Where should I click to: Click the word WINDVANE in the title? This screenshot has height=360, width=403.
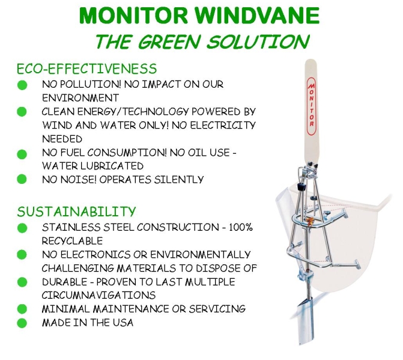coord(257,16)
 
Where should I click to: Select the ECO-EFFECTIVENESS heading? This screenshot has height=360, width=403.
coord(86,69)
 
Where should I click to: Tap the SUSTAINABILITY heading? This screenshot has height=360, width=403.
coord(76,212)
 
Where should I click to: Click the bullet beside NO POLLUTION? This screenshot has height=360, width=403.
coord(22,85)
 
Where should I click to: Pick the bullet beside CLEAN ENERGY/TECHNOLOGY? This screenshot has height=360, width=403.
coord(22,112)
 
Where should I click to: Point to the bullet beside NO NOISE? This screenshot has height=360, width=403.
coord(22,179)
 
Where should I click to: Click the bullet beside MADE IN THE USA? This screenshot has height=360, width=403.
coord(22,323)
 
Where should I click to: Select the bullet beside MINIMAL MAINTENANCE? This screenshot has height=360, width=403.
coord(22,309)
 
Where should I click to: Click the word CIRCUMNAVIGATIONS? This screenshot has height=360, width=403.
coord(98,295)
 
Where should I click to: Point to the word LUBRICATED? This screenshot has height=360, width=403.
coord(112,166)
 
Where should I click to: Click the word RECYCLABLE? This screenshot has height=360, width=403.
coord(72,241)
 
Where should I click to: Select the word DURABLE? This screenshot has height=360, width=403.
coord(64,282)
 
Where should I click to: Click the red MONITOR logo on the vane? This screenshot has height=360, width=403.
coord(311,106)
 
